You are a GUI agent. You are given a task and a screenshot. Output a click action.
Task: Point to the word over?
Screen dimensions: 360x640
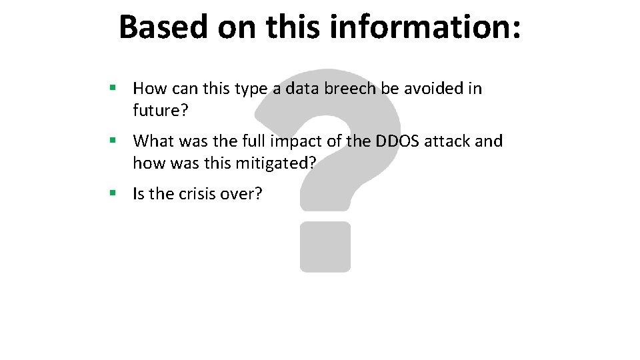coord(245,194)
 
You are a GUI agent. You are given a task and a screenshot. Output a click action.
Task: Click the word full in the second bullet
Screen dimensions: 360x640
coord(258,141)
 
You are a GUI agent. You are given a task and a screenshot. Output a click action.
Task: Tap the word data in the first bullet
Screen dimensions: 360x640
coord(301,88)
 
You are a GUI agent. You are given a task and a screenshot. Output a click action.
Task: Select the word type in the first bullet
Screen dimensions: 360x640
coord(251,89)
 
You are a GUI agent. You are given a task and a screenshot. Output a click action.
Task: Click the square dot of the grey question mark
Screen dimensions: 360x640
coord(325,247)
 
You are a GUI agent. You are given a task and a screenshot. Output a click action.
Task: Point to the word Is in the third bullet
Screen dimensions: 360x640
coord(139,194)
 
